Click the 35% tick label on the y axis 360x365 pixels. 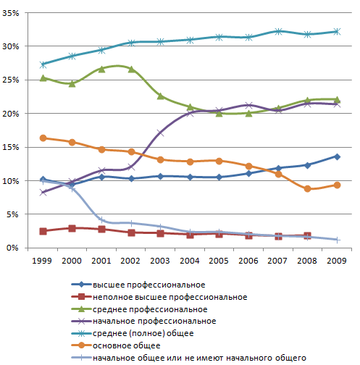coord(11,13)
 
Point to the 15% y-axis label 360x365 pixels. coord(11,147)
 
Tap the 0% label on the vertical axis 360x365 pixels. coord(12,248)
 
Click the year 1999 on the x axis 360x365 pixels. coord(42,261)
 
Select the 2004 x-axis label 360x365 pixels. coord(190,261)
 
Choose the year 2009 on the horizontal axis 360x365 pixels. coord(337,261)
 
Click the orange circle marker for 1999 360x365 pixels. coord(43,138)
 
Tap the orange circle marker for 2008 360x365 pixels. coord(307,189)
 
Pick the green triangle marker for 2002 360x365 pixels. coord(131,70)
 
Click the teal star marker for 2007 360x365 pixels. coord(278,31)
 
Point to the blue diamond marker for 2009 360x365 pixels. coord(337,156)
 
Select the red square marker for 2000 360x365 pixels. coord(72,228)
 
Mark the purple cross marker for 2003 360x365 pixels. coord(160,133)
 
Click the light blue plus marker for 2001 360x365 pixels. coord(102,220)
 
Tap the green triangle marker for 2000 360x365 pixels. coord(72,84)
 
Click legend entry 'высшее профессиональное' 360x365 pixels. coord(149,285)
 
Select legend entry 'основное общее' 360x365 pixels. coord(127,345)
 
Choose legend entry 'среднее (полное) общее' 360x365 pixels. coord(143,333)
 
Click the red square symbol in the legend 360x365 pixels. coord(82,297)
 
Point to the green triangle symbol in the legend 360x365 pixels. coord(82,309)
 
